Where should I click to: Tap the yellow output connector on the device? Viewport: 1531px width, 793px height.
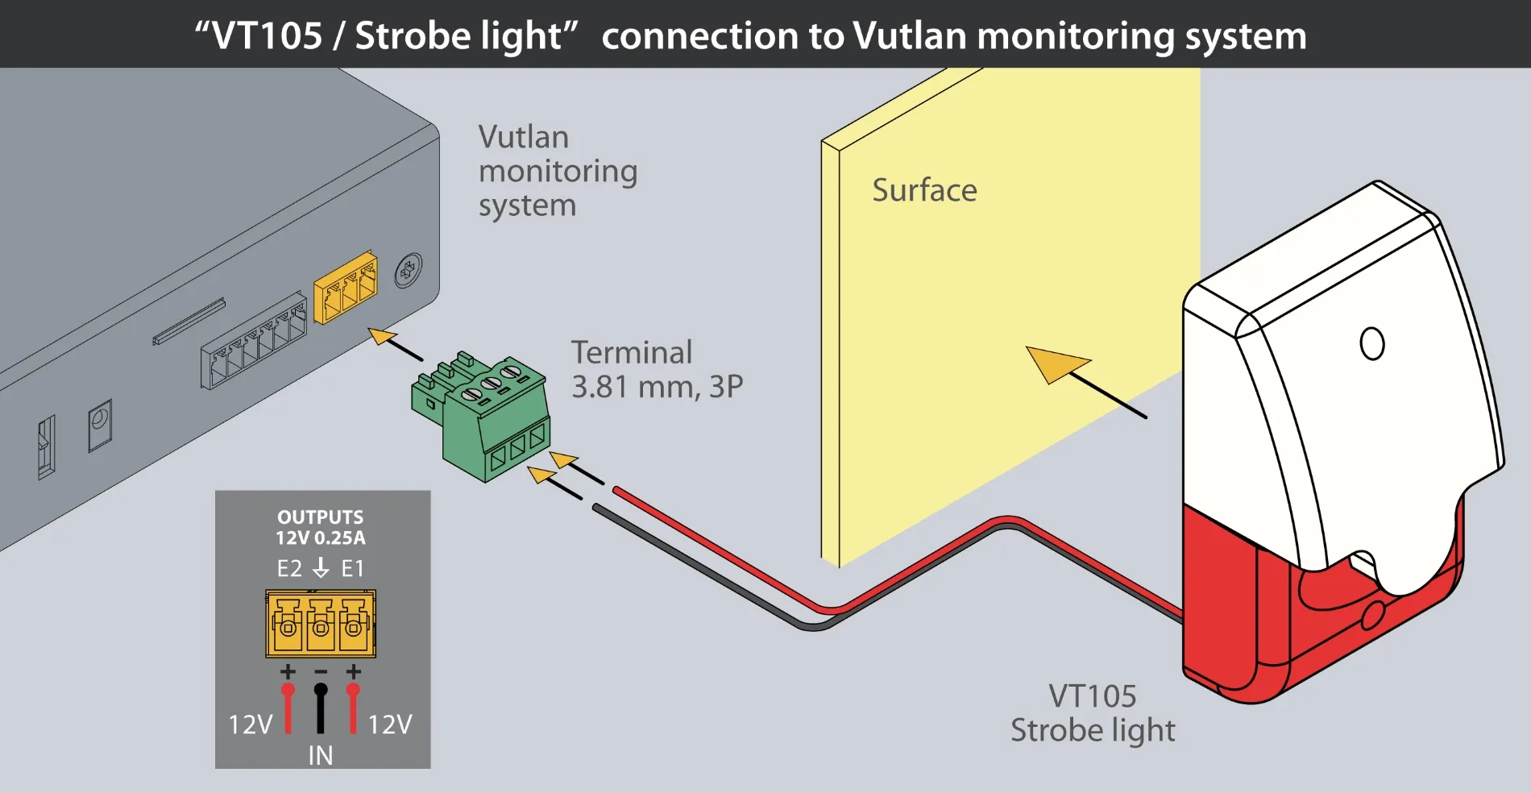pos(345,288)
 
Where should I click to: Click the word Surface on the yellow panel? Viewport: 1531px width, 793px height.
pos(924,191)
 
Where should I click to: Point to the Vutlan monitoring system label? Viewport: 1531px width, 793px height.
pos(557,171)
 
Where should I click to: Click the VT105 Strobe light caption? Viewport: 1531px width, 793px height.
pos(1093,713)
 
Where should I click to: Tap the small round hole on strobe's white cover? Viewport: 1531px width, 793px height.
pos(1371,343)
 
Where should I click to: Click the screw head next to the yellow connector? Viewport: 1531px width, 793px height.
pos(409,271)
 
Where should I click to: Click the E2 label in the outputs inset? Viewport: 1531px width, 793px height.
pos(289,569)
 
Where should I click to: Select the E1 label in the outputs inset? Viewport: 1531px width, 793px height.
pos(352,569)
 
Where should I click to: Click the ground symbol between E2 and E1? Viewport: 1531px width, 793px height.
pos(321,567)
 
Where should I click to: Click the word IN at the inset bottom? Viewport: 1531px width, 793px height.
pos(320,756)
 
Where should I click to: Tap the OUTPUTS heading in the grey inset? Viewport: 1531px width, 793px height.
pos(320,517)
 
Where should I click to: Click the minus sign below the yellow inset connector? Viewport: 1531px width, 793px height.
pos(321,671)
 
